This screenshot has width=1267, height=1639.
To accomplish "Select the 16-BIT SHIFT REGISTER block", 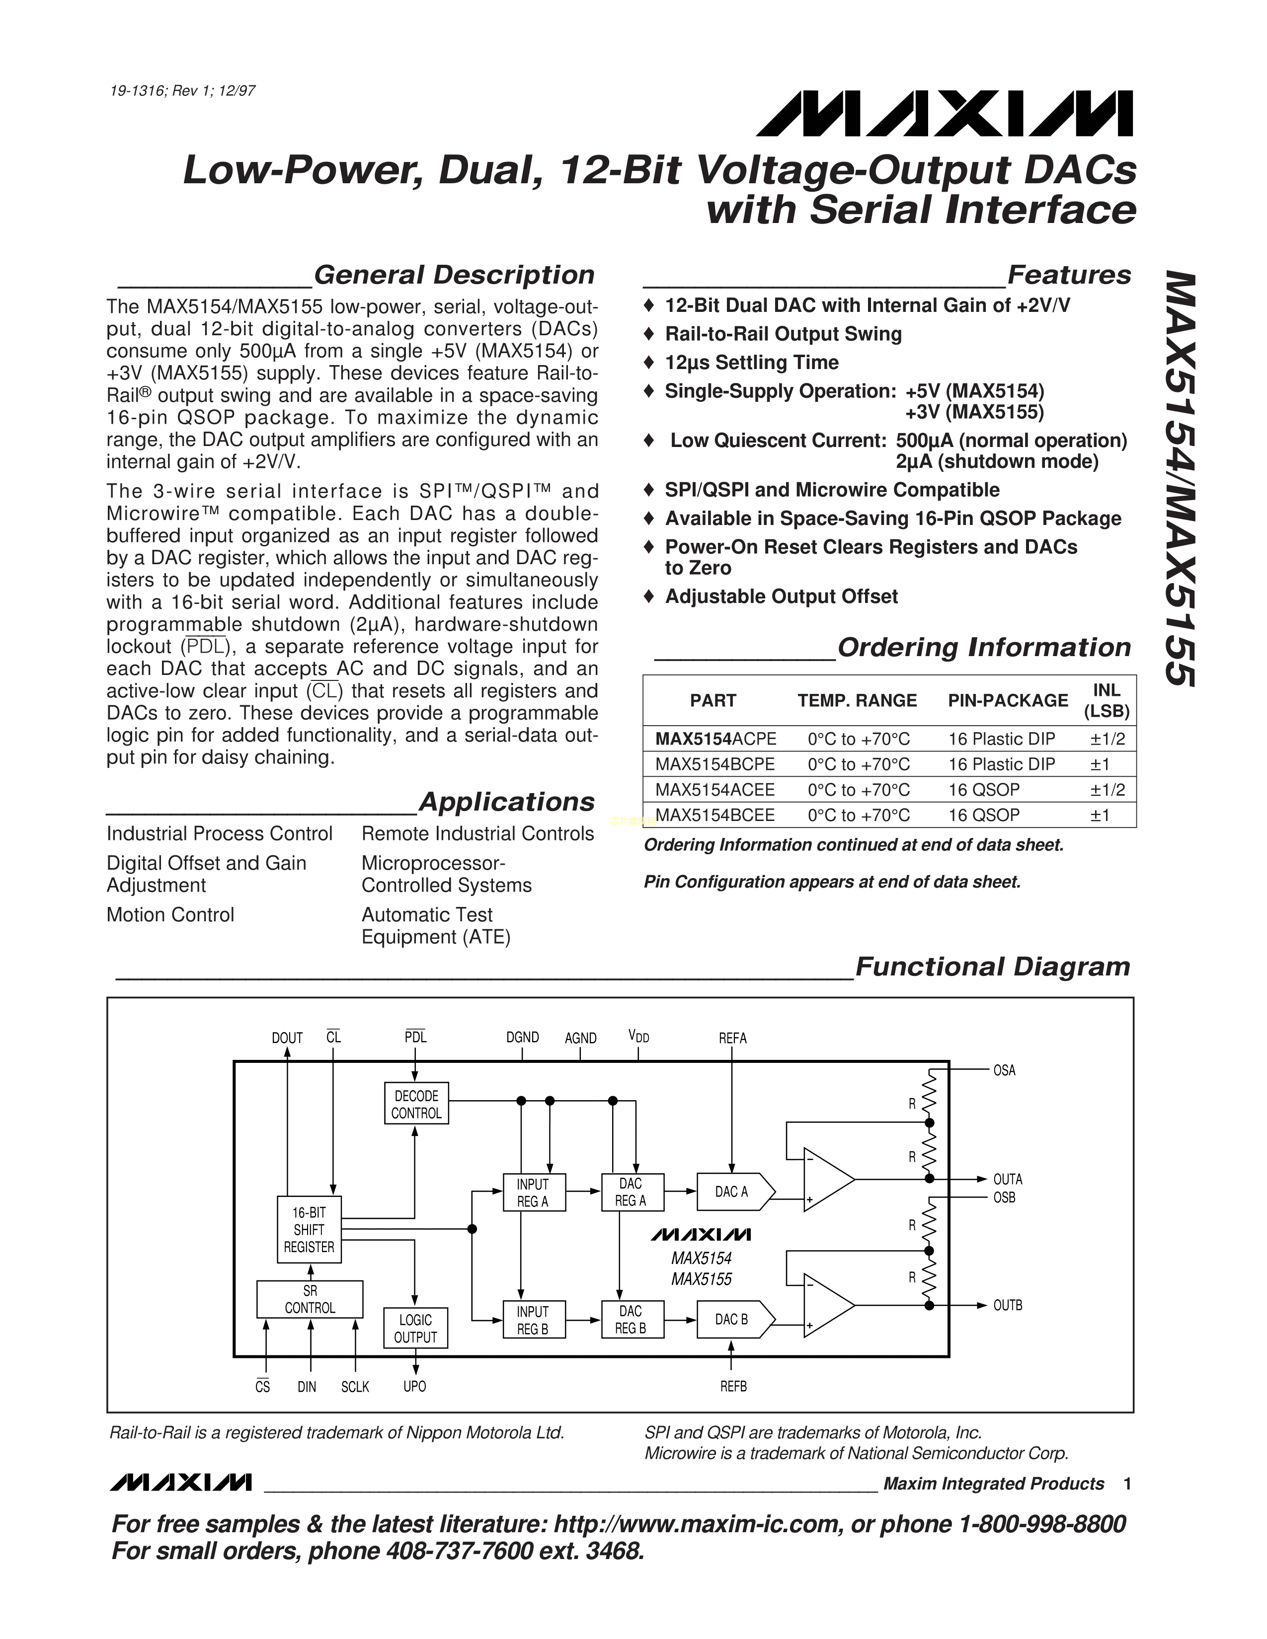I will pyautogui.click(x=309, y=1229).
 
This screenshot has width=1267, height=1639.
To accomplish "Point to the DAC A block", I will pyautogui.click(x=732, y=1192).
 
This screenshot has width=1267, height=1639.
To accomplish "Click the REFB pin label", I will pyautogui.click(x=733, y=1387).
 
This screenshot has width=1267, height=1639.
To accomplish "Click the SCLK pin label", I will pyautogui.click(x=355, y=1387).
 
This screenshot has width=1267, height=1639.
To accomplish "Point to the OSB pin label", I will pyautogui.click(x=1004, y=1198).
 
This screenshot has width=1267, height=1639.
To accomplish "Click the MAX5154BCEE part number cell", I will pyautogui.click(x=714, y=815).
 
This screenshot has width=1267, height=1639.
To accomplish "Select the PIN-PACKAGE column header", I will pyautogui.click(x=1007, y=700).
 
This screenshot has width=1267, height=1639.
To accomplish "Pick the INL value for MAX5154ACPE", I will pyautogui.click(x=1108, y=739).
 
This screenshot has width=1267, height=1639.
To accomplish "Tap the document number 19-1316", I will pyautogui.click(x=138, y=91).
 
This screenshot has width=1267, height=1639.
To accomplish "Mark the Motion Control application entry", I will pyautogui.click(x=170, y=915).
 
